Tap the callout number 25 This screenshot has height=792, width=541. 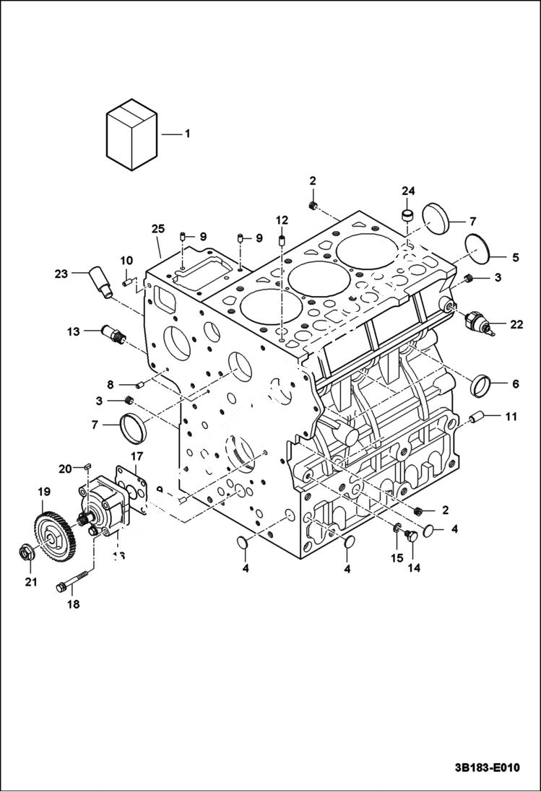[158, 229]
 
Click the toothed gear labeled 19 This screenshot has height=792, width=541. [52, 531]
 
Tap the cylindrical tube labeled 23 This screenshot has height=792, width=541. [99, 282]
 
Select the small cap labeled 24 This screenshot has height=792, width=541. [408, 214]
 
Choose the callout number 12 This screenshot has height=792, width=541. [282, 219]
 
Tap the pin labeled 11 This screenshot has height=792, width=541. [476, 417]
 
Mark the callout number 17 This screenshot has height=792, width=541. [137, 456]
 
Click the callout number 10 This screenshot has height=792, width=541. [126, 261]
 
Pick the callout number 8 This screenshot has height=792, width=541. [111, 384]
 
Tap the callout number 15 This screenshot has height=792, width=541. [396, 557]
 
